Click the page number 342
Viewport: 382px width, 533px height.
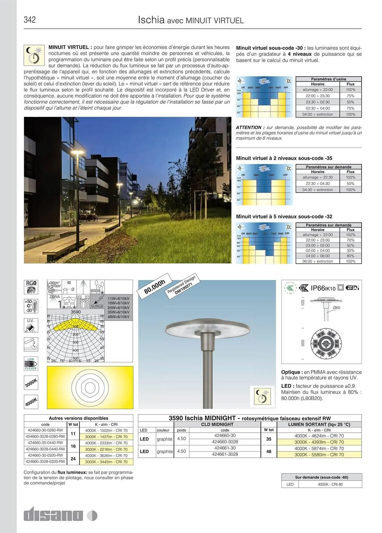pos(30,20)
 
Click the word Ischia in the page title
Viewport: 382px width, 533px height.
pos(151,20)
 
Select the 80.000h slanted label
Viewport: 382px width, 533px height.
pos(155,286)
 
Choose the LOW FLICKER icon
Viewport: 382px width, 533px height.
pos(31,364)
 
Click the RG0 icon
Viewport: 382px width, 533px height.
pos(31,287)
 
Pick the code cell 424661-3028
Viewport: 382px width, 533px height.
pos(225,454)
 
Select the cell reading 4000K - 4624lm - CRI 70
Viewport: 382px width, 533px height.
pos(319,436)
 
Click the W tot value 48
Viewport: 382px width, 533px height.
pos(269,451)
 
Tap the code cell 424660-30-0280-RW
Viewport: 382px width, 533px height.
pos(45,430)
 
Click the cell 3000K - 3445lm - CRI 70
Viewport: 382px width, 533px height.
pos(106,462)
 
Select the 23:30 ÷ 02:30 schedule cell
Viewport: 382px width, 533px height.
pos(318,102)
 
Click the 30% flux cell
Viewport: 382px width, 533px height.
pos(350,251)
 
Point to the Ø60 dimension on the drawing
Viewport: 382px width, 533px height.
pos(336,308)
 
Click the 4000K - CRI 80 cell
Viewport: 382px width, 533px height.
pos(330,484)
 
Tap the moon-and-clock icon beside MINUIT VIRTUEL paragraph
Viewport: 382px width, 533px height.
pos(34,55)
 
